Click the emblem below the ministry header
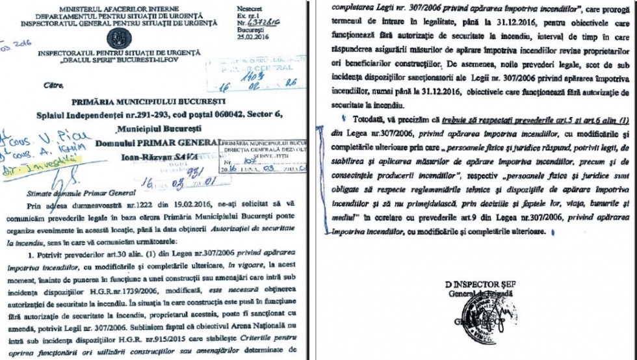[118, 37]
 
